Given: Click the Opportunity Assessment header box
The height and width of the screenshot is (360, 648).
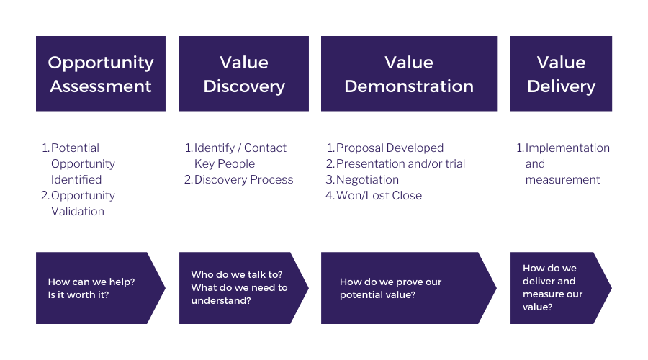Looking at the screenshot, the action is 101,73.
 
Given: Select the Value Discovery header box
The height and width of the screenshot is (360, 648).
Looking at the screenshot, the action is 244,73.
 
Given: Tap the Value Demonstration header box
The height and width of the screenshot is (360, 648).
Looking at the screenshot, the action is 409,73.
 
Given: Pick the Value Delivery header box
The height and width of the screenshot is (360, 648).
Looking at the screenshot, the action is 561,73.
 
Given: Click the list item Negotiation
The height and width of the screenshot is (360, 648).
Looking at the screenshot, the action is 367,180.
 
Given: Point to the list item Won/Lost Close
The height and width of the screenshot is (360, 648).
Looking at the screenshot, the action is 379,196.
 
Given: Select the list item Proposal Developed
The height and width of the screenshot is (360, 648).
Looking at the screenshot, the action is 390,148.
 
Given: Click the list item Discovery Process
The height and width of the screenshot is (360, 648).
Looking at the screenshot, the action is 243,180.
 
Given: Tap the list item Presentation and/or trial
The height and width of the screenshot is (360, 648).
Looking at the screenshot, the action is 400,164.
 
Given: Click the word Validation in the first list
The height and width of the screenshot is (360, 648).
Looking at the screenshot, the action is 78,212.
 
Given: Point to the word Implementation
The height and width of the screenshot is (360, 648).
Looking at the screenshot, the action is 567,148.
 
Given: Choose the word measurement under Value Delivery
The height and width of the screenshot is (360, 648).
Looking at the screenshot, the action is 562,180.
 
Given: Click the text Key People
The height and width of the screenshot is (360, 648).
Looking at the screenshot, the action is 225,164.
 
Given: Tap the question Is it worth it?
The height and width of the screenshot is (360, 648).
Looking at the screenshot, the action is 78,294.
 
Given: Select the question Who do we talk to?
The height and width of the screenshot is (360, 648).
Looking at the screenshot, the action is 237,275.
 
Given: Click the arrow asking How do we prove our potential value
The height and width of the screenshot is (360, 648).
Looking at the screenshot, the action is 409,288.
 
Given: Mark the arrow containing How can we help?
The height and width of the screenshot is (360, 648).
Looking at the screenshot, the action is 100,288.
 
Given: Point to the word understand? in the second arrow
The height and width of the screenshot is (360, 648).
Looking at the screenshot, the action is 221,300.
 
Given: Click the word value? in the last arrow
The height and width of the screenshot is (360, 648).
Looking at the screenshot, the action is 537,307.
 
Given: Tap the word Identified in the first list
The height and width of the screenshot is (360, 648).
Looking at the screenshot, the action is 76,180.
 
